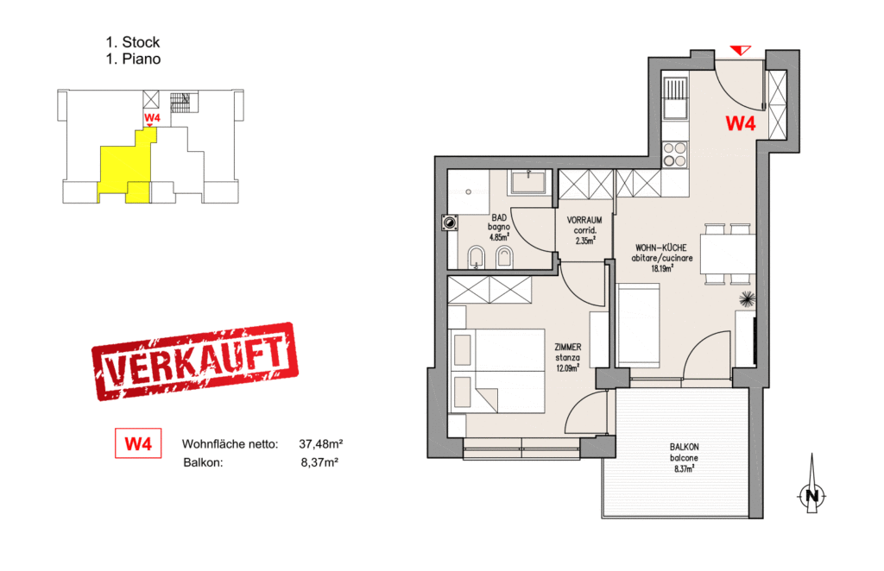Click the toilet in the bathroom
[475, 255]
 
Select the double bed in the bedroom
[497, 371]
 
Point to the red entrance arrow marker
[742, 50]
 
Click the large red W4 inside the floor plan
[740, 122]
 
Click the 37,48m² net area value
[320, 444]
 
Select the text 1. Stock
[132, 41]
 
